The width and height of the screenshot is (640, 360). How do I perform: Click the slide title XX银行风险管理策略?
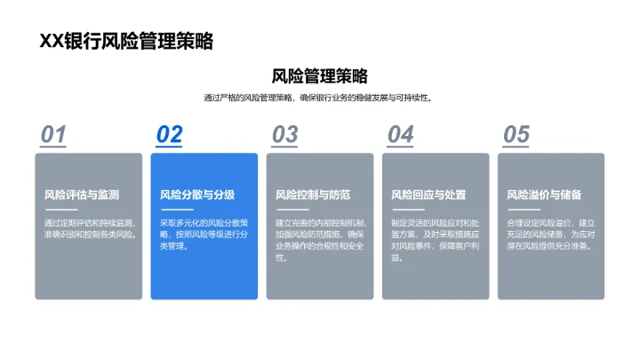(x=126, y=41)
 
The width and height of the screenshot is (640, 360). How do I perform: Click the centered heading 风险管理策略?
(x=319, y=76)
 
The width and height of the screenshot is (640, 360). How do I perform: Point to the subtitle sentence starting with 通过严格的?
(x=319, y=98)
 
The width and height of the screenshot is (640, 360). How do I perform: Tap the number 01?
(x=53, y=134)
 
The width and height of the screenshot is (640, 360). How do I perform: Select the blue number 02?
(x=169, y=134)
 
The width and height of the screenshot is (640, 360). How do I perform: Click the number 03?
(x=284, y=134)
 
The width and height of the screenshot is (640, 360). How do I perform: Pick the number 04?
(x=400, y=134)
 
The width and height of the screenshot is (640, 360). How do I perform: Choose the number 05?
(x=516, y=134)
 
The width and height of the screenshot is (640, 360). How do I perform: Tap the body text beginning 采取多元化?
(x=204, y=234)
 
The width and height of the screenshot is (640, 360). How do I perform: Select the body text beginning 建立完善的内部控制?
(x=319, y=240)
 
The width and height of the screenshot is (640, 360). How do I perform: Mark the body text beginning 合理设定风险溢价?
(x=550, y=234)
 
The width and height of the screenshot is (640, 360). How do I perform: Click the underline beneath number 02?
(x=169, y=148)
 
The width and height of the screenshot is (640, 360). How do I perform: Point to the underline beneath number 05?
(x=516, y=148)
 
